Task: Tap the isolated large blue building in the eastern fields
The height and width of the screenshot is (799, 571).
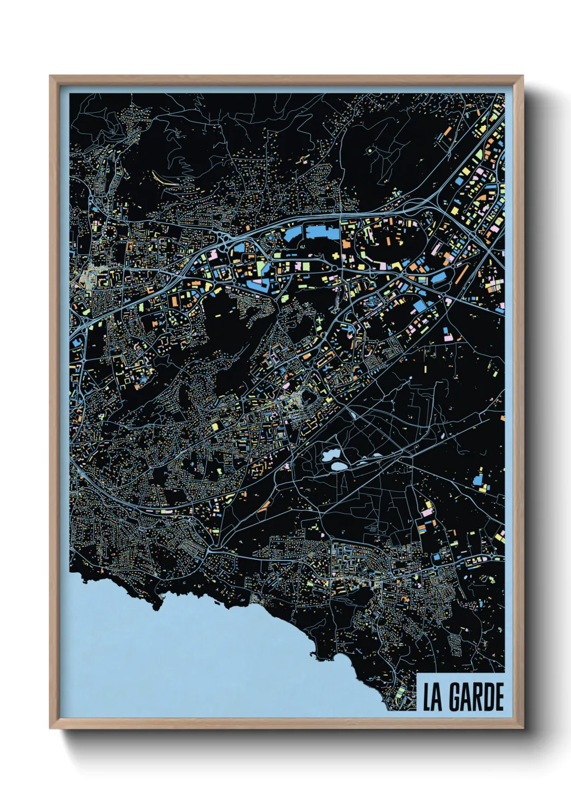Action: click(x=478, y=480)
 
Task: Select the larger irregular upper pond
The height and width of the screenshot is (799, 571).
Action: click(x=329, y=454)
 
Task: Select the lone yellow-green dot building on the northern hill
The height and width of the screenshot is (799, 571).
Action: click(x=370, y=151)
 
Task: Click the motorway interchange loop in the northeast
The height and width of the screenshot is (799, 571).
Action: click(x=416, y=206)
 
